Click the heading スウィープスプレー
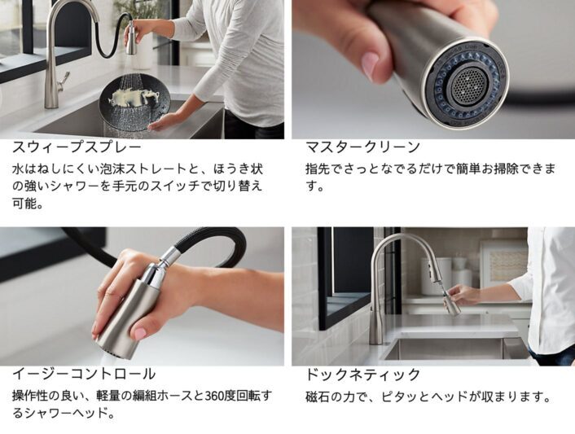pos(77,147)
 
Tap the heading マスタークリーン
pos(363,147)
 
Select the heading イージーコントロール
pos(84,375)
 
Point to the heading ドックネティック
pos(363,375)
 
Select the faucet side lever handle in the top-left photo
pos(63,81)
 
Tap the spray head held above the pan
pos(132,37)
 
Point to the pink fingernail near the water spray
pos(140,334)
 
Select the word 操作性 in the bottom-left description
pos(31,396)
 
